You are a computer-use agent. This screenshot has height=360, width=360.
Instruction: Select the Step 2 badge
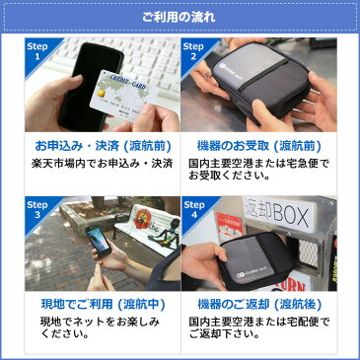point(195,52)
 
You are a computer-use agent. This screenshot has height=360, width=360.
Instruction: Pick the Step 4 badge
point(195,206)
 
